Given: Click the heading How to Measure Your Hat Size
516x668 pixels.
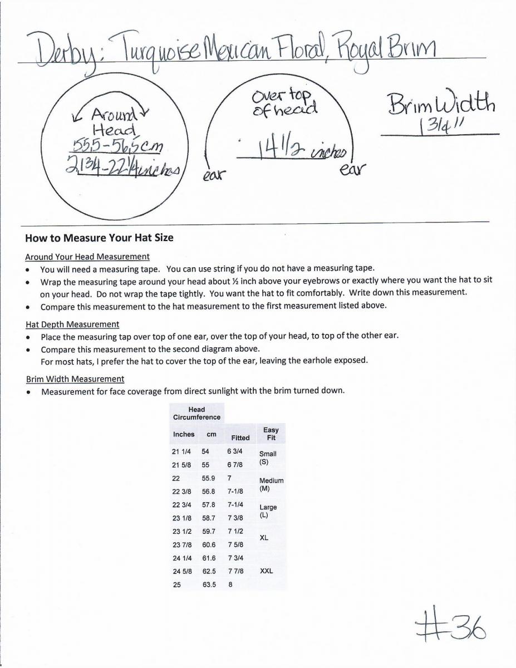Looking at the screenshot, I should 99,238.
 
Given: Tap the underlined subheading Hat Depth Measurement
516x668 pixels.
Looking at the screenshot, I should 72,324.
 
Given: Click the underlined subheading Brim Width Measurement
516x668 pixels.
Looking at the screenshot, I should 75,379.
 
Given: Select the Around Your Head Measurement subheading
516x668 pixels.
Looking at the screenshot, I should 87,257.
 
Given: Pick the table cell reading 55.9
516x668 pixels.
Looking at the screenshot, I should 209,478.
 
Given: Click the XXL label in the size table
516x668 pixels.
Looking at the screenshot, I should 266,571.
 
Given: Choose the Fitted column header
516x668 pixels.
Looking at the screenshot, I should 240,438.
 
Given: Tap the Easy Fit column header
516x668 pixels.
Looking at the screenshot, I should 271,434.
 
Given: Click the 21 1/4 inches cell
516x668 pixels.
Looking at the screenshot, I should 183,451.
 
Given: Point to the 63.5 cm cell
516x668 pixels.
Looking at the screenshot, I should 209,585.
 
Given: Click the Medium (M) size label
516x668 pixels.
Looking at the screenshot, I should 271,484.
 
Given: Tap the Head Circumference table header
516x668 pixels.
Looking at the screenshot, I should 196,413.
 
